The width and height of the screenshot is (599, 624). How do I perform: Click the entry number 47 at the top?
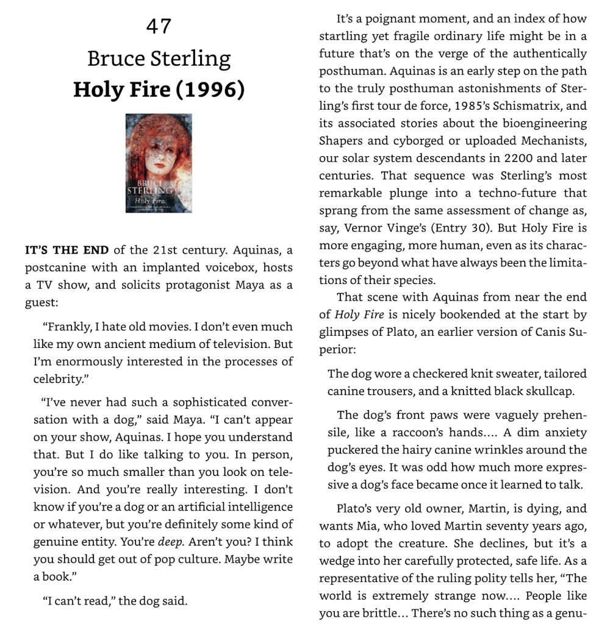159,26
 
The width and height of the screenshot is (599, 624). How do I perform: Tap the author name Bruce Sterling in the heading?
159,59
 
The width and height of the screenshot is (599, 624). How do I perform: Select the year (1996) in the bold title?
209,90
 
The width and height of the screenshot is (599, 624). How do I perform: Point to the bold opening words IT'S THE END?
66,250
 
